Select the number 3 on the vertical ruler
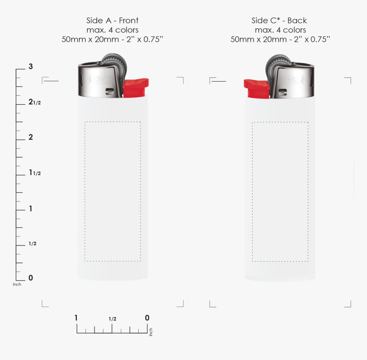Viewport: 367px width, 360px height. [x=31, y=66]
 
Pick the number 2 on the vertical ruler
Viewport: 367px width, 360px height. [x=31, y=137]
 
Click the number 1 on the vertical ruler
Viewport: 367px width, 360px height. [x=31, y=208]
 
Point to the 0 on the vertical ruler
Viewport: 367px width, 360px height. [x=31, y=278]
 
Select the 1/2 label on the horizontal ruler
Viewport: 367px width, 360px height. [x=112, y=319]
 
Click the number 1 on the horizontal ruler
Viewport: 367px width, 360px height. [x=76, y=318]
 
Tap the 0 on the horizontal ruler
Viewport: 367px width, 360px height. [x=147, y=318]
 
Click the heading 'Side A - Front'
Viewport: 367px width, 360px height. [x=112, y=20]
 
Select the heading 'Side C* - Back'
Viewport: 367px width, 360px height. [x=279, y=20]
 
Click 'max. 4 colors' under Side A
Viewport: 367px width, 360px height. [x=112, y=30]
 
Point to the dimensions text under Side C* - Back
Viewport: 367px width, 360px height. [x=280, y=39]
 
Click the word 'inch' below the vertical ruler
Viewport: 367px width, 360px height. [x=17, y=284]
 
